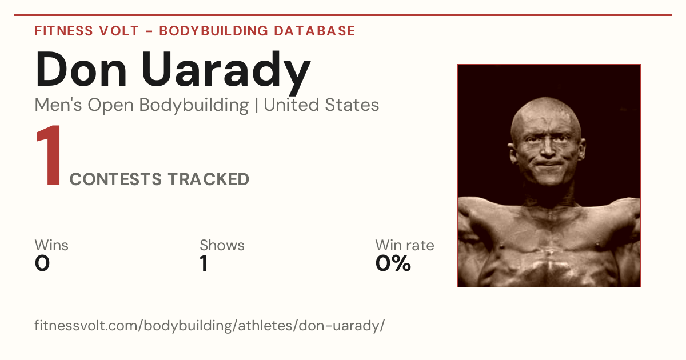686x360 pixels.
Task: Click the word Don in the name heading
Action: (81, 69)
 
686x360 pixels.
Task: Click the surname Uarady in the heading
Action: (226, 73)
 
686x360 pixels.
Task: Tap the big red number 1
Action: (49, 155)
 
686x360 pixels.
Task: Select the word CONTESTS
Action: (115, 179)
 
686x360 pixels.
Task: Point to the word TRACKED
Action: (209, 179)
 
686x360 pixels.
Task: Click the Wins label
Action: (51, 245)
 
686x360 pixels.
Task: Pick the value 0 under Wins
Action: (42, 263)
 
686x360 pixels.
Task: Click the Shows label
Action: (222, 245)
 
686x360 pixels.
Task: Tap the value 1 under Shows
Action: (204, 263)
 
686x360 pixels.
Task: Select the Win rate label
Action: (405, 245)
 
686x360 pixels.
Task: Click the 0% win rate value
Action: (393, 263)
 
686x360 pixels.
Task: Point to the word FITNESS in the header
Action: (63, 31)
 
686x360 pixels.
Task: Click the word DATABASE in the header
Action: (314, 31)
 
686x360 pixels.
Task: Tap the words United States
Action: (321, 105)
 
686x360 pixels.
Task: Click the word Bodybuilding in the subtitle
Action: (194, 106)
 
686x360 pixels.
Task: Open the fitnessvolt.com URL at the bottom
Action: (209, 325)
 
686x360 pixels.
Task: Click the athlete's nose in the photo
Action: (548, 149)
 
